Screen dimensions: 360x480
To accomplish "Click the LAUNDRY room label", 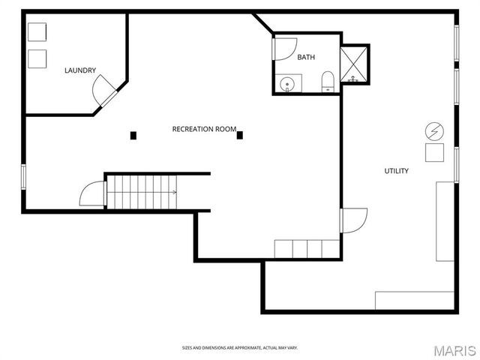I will [79, 70].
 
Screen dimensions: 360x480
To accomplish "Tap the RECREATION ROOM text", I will [204, 129].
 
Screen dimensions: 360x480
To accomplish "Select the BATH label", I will [306, 58].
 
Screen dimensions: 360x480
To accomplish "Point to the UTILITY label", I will [396, 171].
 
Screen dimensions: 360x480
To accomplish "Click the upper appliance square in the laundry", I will [37, 32].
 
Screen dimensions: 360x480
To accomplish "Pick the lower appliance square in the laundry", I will [37, 58].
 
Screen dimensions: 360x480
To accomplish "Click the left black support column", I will [133, 136].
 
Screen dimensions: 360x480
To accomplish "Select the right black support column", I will [240, 136].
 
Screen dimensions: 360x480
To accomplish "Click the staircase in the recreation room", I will [140, 192].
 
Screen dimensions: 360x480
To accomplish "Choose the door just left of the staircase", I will [92, 195].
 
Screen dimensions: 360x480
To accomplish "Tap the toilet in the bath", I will [328, 82].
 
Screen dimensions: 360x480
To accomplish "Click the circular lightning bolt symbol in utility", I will [434, 132].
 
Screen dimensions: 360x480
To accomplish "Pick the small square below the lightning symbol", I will [434, 153].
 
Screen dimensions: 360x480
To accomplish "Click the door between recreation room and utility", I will [352, 220].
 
